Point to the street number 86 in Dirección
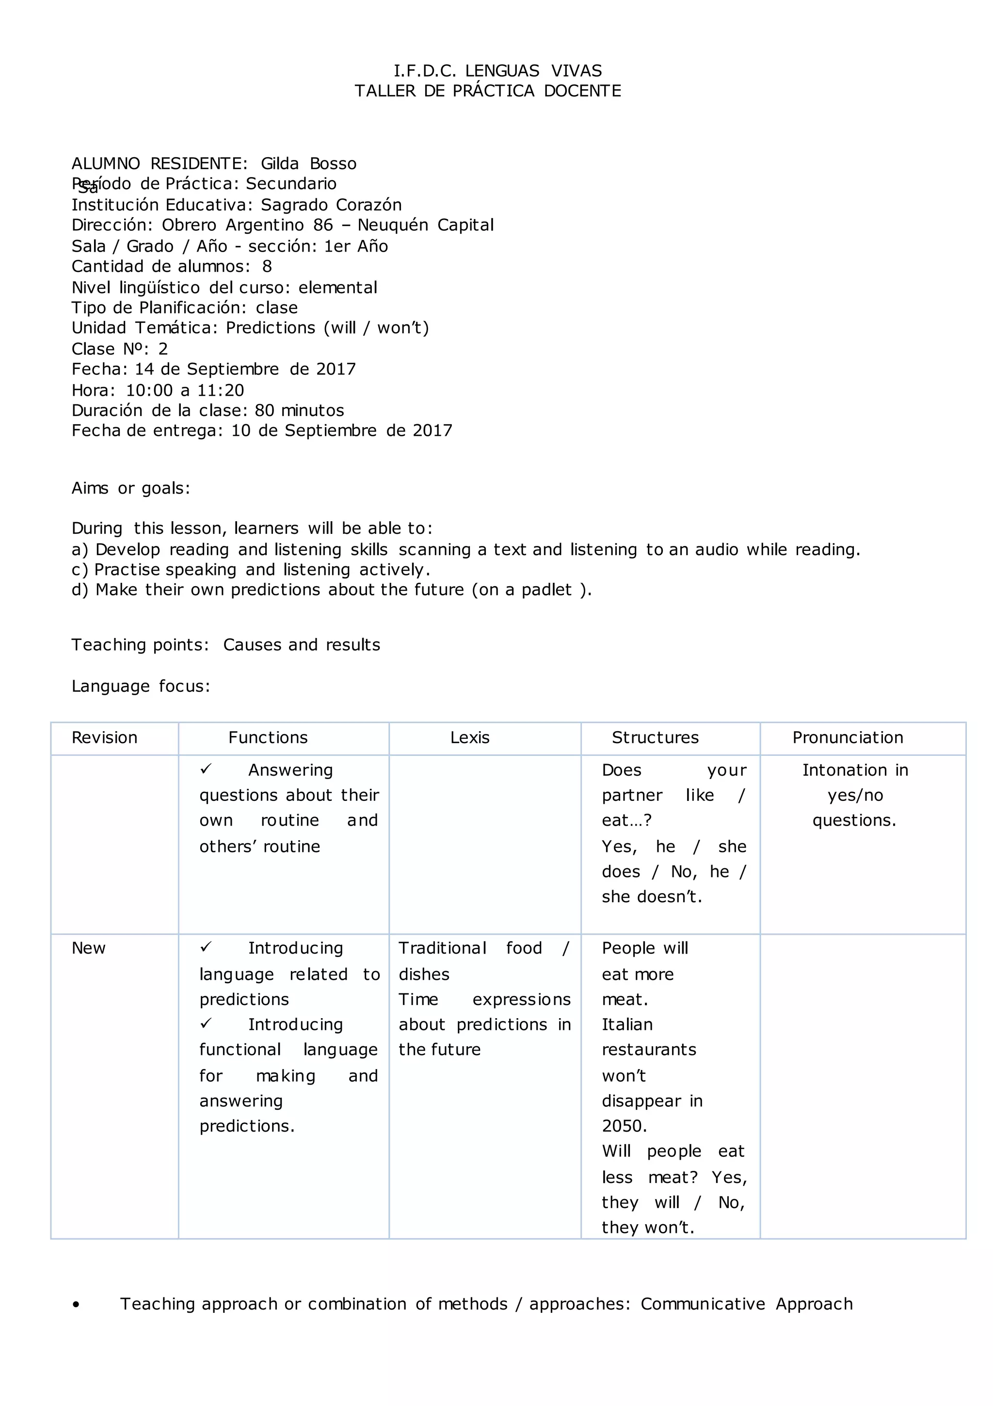point(323,225)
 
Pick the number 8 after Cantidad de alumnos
point(267,266)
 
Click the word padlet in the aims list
point(546,590)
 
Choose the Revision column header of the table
point(104,737)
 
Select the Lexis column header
point(470,737)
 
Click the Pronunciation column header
point(848,737)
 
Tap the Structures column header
point(655,737)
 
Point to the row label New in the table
point(89,948)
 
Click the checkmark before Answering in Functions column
point(206,768)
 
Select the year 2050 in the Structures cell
point(624,1126)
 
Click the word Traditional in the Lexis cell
point(442,948)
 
